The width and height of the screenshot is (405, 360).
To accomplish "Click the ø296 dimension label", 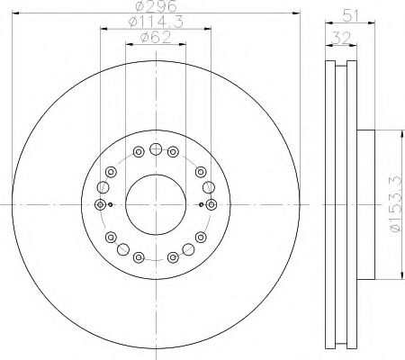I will coord(156,7).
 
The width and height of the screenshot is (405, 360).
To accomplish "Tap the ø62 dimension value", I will coord(155,39).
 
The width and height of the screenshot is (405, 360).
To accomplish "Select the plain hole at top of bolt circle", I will coord(156,149).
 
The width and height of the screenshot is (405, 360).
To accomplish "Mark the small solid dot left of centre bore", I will coord(110,204).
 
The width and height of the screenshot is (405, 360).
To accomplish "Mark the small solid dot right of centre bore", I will coord(201,204).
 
